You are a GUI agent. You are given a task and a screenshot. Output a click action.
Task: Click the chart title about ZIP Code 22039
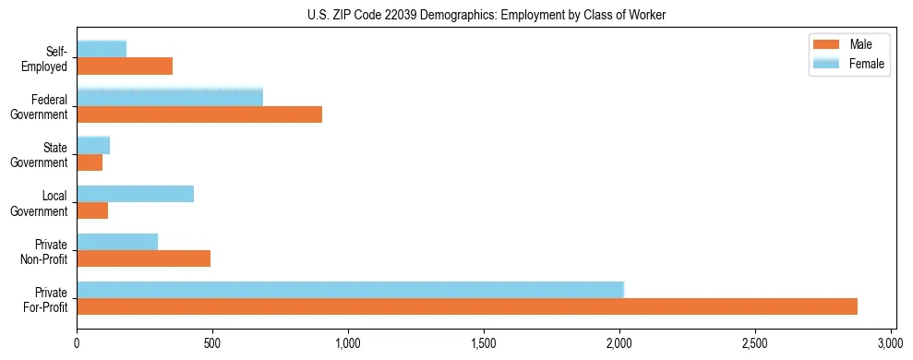click(x=486, y=15)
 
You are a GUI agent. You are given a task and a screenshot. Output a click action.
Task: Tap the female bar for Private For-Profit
click(x=351, y=290)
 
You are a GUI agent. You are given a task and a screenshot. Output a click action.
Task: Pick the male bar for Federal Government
click(x=199, y=114)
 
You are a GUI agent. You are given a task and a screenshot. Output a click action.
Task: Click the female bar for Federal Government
click(x=170, y=97)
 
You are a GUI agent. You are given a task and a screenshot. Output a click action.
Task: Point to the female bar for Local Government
click(x=136, y=194)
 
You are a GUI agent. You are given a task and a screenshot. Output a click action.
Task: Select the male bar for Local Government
click(x=92, y=210)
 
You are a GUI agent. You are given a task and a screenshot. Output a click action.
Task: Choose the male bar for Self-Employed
click(x=125, y=66)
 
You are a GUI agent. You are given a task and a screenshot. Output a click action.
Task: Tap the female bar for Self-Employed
click(x=102, y=49)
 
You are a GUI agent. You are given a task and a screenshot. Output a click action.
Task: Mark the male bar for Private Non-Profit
click(x=144, y=258)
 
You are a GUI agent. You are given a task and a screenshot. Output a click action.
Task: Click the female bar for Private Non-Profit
click(x=117, y=242)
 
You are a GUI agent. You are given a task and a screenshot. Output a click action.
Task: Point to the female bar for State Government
click(x=93, y=145)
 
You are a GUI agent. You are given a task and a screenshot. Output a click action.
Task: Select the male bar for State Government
click(x=90, y=162)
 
